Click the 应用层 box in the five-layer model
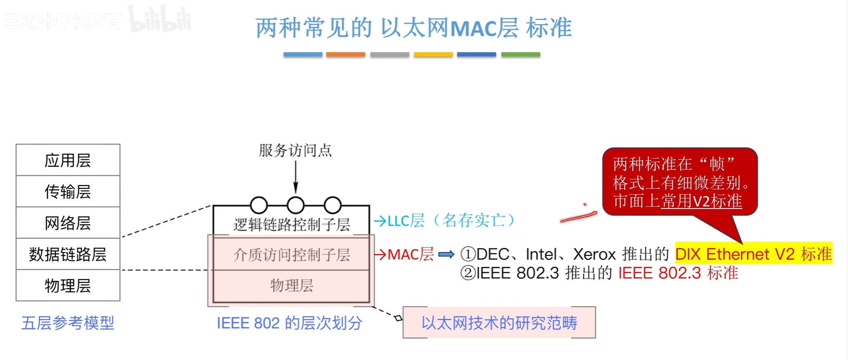(68, 160)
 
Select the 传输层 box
(68, 191)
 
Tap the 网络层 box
(68, 223)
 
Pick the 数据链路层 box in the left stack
(68, 254)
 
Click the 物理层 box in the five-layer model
(68, 285)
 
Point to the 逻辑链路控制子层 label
(291, 224)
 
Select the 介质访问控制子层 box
(291, 254)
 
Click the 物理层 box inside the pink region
(291, 285)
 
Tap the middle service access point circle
(296, 205)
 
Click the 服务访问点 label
(295, 150)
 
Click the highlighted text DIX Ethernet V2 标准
(753, 254)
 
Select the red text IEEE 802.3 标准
(678, 273)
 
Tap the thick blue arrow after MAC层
(446, 254)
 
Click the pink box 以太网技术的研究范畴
(499, 323)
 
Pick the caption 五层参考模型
(68, 323)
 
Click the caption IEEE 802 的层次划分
(289, 323)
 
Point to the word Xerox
(594, 254)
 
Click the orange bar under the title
(345, 55)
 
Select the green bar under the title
(520, 55)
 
